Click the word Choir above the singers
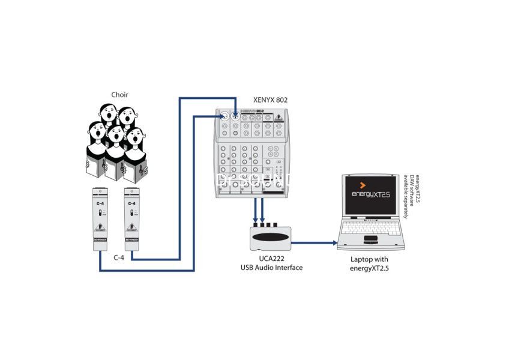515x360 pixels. [119, 94]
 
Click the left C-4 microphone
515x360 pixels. [100, 219]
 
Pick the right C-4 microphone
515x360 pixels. [132, 219]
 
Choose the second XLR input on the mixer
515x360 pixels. [235, 116]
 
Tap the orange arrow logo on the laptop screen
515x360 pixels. [363, 185]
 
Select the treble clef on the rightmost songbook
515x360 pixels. [139, 171]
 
